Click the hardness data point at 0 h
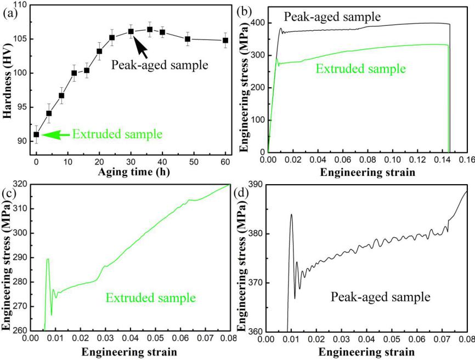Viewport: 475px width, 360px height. [x=36, y=134]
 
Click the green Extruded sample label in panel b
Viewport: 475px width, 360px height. [x=360, y=70]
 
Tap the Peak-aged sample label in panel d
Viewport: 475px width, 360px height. [x=380, y=298]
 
